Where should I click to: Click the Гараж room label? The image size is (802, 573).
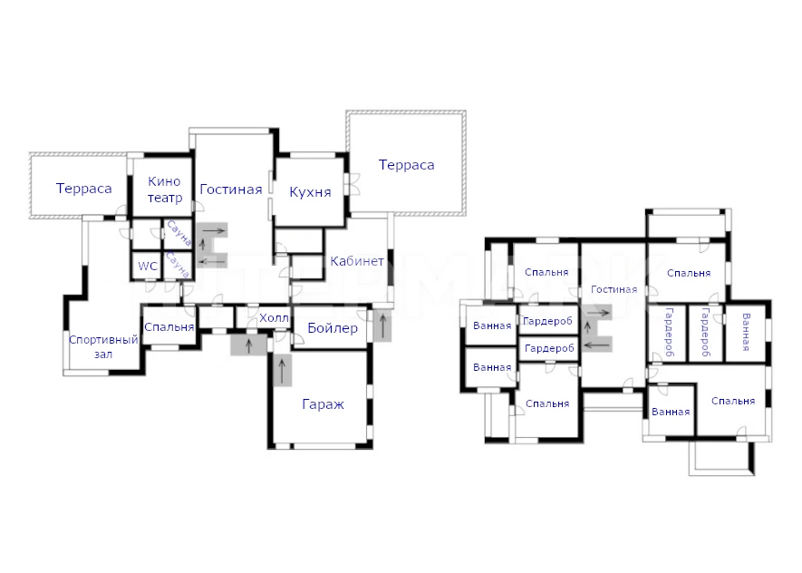pyautogui.click(x=323, y=404)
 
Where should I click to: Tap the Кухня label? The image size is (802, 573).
pyautogui.click(x=310, y=192)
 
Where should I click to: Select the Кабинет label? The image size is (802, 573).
pyautogui.click(x=357, y=261)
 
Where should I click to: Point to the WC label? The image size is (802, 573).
pyautogui.click(x=148, y=266)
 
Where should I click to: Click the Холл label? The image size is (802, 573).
pyautogui.click(x=274, y=317)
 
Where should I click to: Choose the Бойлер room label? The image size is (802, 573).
pyautogui.click(x=333, y=328)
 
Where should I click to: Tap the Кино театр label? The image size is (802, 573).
pyautogui.click(x=165, y=189)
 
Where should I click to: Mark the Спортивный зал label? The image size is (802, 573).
pyautogui.click(x=103, y=346)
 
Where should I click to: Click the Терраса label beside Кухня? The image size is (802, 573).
pyautogui.click(x=406, y=165)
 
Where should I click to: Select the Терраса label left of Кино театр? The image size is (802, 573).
pyautogui.click(x=84, y=189)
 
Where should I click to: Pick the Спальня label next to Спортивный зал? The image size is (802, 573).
pyautogui.click(x=169, y=327)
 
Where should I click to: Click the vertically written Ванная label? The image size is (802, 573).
pyautogui.click(x=746, y=332)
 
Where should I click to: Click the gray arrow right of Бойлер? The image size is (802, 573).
pyautogui.click(x=382, y=325)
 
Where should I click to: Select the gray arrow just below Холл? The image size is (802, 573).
pyautogui.click(x=249, y=345)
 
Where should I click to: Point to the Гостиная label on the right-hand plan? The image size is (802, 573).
pyautogui.click(x=614, y=289)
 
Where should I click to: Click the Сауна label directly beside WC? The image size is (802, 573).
pyautogui.click(x=178, y=265)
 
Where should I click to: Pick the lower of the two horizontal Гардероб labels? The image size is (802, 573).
pyautogui.click(x=549, y=348)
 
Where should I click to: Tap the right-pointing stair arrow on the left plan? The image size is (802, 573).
pyautogui.click(x=214, y=230)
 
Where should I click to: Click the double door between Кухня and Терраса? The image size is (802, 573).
pyautogui.click(x=352, y=184)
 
